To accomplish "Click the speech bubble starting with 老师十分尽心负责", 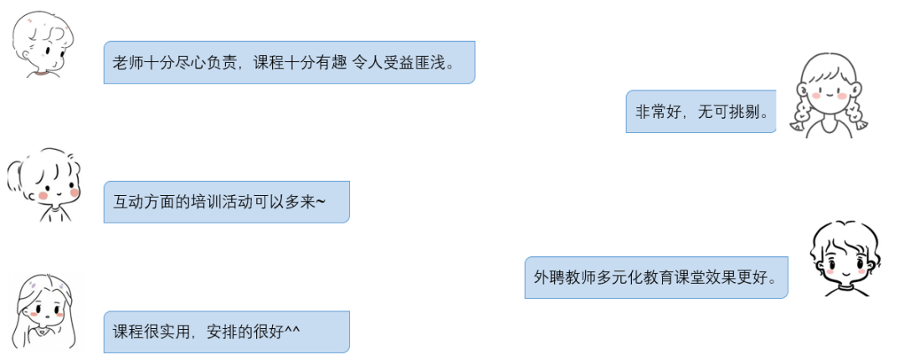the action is [x=289, y=62].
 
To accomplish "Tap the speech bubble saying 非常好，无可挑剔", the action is [x=701, y=111].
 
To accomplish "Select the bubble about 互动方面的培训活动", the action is [x=226, y=202].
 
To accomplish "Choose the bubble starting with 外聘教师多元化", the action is [x=655, y=277].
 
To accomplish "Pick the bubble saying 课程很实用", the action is [x=226, y=332].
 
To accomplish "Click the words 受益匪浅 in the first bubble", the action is [x=417, y=63].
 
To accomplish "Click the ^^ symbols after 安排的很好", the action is [x=292, y=330].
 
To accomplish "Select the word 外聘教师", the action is [x=562, y=277].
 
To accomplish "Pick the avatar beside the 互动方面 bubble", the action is [x=46, y=186].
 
